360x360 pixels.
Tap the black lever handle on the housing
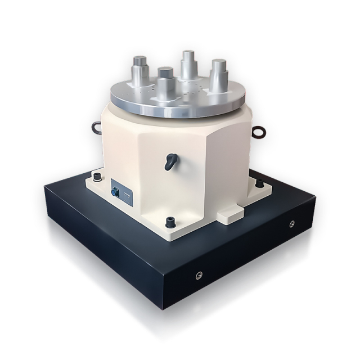pos(170,161)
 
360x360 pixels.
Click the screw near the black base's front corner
pos(198,274)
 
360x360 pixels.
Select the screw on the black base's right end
pos(292,224)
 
